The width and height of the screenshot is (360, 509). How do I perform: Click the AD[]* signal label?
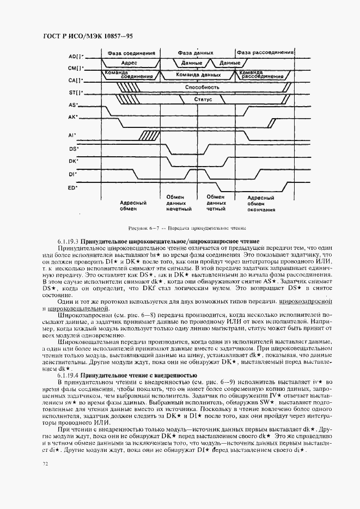[76, 57]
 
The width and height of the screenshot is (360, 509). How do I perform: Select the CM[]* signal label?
[76, 68]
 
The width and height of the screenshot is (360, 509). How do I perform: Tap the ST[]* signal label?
[76, 92]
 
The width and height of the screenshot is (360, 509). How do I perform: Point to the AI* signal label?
[72, 135]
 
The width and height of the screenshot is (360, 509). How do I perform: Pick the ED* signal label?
[72, 188]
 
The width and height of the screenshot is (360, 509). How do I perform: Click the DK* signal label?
[73, 161]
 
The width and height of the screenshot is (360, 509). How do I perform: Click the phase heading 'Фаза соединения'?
[131, 53]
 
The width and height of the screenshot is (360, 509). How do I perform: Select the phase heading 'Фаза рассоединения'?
[265, 53]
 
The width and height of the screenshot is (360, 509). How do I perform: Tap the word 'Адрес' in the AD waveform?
[130, 63]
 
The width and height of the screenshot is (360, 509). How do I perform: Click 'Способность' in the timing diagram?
[202, 87]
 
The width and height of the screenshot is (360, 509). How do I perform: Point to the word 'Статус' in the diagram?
[203, 100]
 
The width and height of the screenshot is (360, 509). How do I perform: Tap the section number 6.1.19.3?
[68, 241]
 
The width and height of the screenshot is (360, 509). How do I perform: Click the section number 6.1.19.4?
[68, 376]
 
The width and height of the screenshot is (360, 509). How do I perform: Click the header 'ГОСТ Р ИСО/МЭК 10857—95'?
[88, 36]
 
